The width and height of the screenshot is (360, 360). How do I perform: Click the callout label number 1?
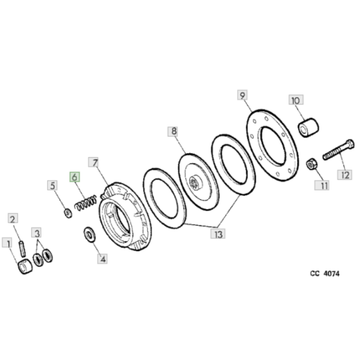[x=7, y=242]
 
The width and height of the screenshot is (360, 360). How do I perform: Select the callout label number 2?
[x=13, y=218]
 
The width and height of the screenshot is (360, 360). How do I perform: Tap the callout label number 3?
[x=37, y=233]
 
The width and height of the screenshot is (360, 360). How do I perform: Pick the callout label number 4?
[x=103, y=259]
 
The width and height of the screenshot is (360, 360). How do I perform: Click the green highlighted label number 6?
[x=74, y=177]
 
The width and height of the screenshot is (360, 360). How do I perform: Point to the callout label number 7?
[x=94, y=162]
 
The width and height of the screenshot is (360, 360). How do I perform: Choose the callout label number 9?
[x=242, y=95]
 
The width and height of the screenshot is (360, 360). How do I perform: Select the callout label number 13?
[x=218, y=234]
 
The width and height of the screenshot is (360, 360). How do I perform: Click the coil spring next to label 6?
[x=86, y=203]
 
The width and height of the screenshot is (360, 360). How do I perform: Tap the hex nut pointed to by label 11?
[x=311, y=165]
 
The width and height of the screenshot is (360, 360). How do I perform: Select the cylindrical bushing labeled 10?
[x=308, y=128]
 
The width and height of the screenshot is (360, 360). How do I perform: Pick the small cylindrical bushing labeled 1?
[x=25, y=266]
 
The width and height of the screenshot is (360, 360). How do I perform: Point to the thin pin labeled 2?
[x=22, y=248]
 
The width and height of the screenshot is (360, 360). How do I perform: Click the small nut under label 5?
[x=68, y=213]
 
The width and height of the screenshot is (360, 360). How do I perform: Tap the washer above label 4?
[x=90, y=234]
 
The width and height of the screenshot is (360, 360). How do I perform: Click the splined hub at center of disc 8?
[x=194, y=183]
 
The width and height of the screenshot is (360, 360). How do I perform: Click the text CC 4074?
[x=325, y=274]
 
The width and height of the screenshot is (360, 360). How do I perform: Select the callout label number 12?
[x=344, y=175]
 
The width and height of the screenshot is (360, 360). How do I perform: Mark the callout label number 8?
[x=173, y=131]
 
